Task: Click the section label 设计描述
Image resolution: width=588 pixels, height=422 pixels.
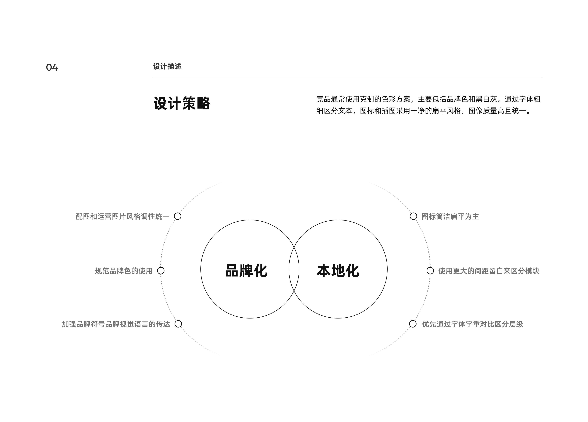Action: [167, 67]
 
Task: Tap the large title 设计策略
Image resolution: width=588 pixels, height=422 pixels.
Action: [182, 103]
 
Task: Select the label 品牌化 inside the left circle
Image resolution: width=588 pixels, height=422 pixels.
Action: [246, 270]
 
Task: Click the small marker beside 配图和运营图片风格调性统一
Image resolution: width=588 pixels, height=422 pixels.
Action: [178, 216]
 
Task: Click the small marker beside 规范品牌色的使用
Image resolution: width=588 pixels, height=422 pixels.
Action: [161, 270]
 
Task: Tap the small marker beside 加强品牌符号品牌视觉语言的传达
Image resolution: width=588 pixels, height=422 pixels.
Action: [178, 324]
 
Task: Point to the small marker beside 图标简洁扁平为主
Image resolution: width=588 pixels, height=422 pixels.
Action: [413, 216]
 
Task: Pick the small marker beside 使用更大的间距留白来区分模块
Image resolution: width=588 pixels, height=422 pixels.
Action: [430, 270]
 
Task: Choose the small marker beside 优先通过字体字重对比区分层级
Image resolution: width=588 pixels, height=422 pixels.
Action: [413, 324]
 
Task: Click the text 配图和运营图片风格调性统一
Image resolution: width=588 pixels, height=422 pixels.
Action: [123, 217]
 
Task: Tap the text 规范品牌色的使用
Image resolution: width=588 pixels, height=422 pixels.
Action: [124, 271]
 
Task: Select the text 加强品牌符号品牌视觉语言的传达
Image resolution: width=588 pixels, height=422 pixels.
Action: [116, 324]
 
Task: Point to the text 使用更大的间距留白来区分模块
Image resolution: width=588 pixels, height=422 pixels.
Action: [489, 271]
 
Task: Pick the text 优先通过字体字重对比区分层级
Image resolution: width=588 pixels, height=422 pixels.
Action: [472, 324]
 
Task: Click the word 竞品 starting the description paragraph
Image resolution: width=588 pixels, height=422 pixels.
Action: [324, 99]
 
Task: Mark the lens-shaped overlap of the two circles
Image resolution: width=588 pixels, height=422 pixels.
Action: [294, 269]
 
